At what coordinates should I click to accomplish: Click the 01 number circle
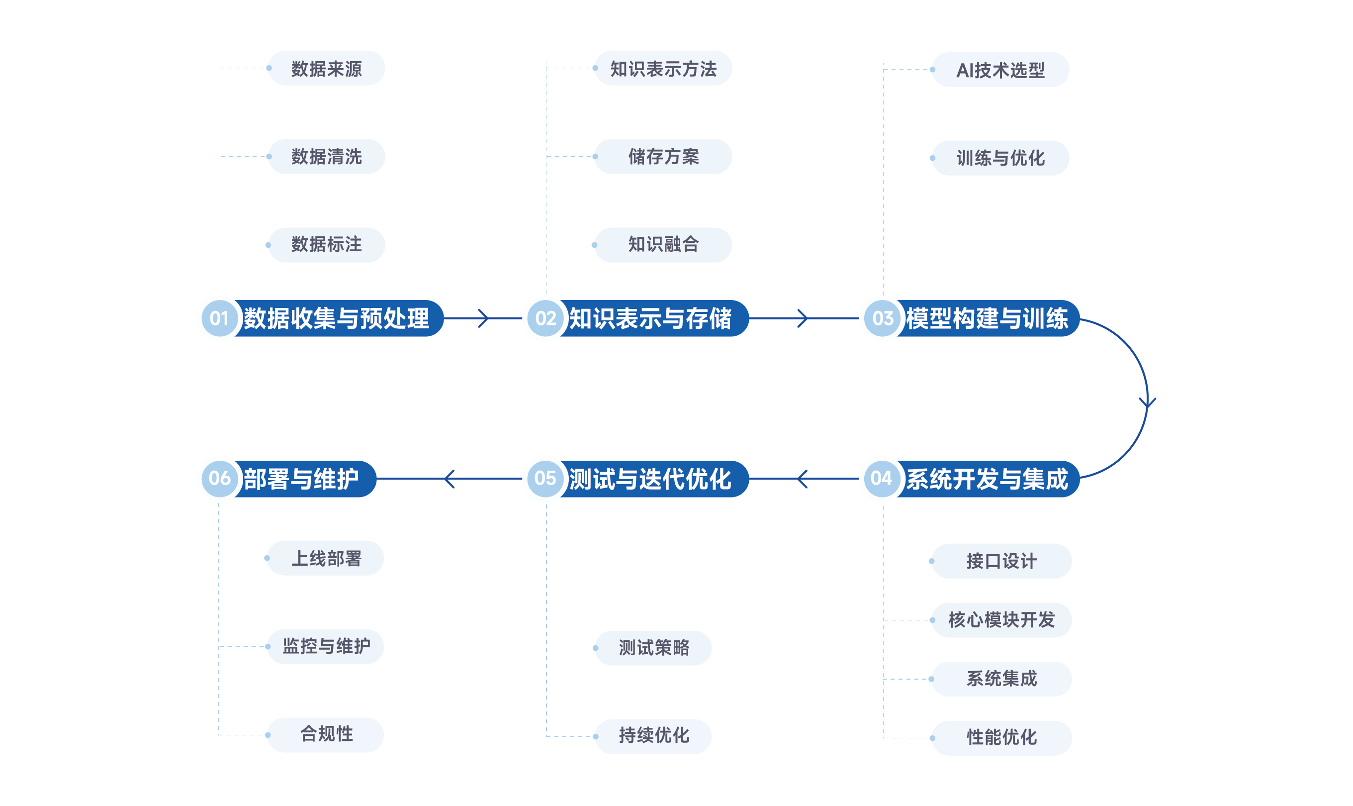click(219, 318)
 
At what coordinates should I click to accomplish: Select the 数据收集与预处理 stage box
click(337, 318)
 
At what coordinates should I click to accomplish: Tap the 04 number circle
click(882, 479)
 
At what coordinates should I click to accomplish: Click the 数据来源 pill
click(326, 69)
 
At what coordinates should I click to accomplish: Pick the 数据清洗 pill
click(326, 156)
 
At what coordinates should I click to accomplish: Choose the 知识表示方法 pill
click(663, 69)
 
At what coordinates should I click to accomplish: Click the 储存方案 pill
click(663, 156)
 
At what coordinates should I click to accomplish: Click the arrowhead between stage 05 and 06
click(449, 479)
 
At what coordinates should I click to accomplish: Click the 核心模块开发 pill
click(1001, 620)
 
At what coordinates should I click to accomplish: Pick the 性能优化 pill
click(1001, 737)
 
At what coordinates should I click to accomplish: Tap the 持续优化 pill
click(653, 736)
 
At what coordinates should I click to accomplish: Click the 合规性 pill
click(326, 734)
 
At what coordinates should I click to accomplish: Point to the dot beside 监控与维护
click(268, 646)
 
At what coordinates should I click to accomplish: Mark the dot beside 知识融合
click(594, 245)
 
